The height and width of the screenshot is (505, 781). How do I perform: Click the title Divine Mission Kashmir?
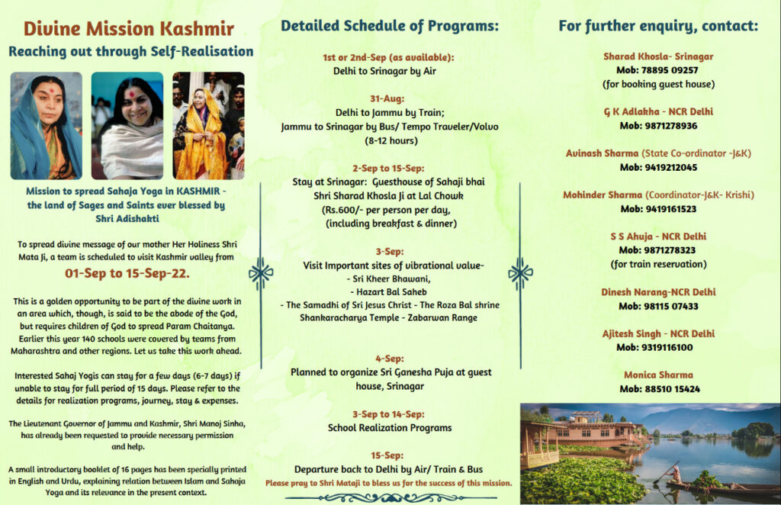point(128,28)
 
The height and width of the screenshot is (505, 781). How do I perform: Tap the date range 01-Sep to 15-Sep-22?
point(127,273)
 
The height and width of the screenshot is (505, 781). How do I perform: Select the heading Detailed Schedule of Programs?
point(390,26)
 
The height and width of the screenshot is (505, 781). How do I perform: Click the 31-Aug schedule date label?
point(387,98)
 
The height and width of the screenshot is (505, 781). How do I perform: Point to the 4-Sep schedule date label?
point(390,359)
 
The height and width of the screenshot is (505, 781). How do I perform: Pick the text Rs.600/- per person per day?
point(386,210)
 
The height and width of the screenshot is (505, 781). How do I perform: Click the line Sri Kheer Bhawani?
point(388,279)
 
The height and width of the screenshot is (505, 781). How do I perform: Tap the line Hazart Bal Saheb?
point(388,292)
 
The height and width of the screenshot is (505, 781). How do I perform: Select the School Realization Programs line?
point(390,428)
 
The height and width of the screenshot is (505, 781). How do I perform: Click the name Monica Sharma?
point(658,375)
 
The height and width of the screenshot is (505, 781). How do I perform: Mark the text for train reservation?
point(658,264)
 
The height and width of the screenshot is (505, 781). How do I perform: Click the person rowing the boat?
point(673,472)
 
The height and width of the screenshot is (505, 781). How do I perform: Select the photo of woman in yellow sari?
point(208,126)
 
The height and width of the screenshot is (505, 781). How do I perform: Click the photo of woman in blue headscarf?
point(47,126)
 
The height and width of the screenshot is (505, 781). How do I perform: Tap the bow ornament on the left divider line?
point(261,273)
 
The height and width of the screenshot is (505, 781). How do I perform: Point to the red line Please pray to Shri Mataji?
point(388,483)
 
